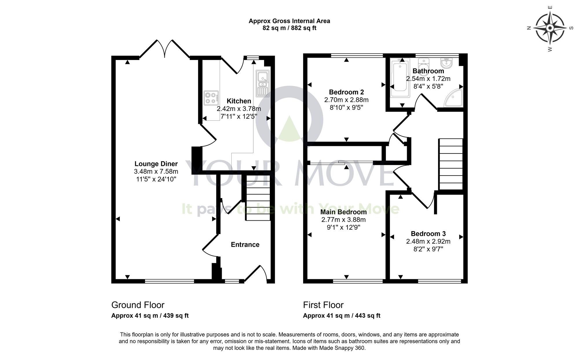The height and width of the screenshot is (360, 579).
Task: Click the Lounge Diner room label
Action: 156,164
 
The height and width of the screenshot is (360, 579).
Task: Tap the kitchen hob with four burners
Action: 211,98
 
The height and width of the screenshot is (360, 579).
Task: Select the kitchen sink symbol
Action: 263,83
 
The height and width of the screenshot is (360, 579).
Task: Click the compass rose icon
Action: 550,28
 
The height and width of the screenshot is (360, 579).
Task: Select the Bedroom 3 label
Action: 428,234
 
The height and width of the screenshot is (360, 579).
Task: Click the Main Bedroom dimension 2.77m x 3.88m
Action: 343,220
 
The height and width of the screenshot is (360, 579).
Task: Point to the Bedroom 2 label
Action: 346,92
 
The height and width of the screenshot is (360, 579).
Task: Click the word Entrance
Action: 245,245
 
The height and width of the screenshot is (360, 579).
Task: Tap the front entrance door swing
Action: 256,273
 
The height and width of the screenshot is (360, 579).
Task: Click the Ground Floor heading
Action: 138,305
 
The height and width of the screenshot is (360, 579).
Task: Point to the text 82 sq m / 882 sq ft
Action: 289,28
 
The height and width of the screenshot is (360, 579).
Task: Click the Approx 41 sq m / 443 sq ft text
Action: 342,316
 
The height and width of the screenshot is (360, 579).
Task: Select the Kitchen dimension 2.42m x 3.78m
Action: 239,109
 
